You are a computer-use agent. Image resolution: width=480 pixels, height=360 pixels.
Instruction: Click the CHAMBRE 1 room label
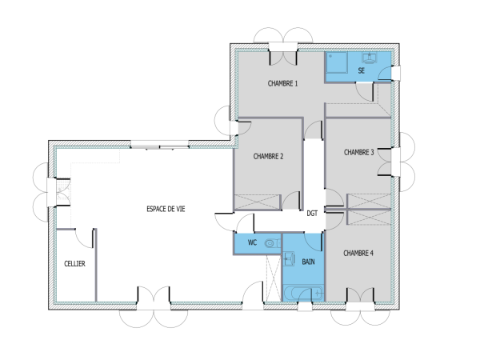[x=282, y=83]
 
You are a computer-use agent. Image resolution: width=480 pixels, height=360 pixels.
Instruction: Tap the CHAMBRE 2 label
[x=269, y=157]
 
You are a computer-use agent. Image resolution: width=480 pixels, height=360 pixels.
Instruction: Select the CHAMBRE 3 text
[x=358, y=152]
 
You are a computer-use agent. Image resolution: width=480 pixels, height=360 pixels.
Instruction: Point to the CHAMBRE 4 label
[x=358, y=253]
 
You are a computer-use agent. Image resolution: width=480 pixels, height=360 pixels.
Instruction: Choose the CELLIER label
[x=74, y=262]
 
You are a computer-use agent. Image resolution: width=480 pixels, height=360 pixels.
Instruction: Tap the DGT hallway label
[x=312, y=214]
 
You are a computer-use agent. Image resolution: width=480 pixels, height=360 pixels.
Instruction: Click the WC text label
[x=251, y=242]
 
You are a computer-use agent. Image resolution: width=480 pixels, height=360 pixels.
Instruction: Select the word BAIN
[x=308, y=262]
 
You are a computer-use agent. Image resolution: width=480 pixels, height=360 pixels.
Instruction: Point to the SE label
[x=362, y=72]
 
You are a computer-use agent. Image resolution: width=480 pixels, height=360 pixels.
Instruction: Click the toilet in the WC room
[x=270, y=243]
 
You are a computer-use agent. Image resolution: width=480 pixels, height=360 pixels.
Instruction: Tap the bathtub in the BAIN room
[x=303, y=293]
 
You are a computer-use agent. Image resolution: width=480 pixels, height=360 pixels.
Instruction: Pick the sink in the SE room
[x=370, y=58]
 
